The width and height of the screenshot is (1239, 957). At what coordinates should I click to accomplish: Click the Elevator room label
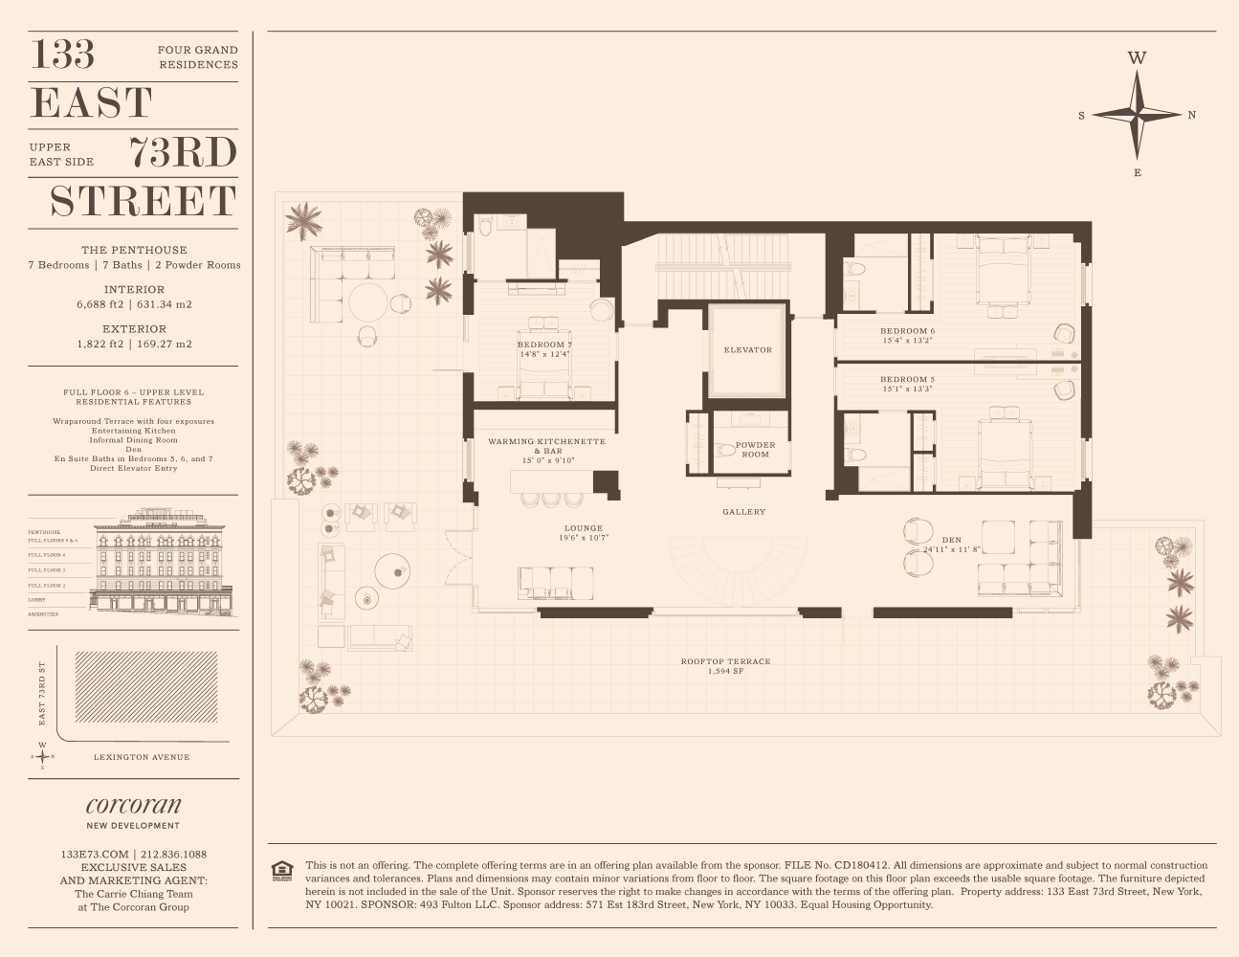tap(747, 350)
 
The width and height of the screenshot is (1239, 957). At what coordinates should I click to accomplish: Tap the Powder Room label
tap(755, 450)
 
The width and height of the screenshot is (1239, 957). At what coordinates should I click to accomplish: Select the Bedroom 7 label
tap(544, 345)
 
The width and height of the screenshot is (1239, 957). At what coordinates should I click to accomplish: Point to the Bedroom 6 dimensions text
tap(907, 341)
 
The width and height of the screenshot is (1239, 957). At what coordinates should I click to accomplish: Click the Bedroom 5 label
tap(907, 380)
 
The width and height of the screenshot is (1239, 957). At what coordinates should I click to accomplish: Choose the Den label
tap(951, 541)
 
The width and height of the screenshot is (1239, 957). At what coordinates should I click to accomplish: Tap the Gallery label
tap(743, 512)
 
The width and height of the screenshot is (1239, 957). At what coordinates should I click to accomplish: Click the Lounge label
tap(584, 528)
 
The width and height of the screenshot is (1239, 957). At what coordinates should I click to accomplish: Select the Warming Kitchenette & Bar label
tap(546, 446)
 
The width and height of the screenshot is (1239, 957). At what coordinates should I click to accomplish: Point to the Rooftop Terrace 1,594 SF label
tap(725, 666)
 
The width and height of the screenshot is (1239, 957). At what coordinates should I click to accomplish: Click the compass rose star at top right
tap(1137, 115)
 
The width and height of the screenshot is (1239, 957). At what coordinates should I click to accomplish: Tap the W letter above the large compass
tap(1137, 58)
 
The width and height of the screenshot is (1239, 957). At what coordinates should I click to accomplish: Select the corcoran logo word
tap(133, 805)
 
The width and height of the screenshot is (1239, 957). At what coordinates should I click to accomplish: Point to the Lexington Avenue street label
tap(142, 757)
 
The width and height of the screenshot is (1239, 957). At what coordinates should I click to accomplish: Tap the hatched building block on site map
tap(145, 686)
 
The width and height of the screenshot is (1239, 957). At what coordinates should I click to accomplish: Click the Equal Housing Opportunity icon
tap(282, 870)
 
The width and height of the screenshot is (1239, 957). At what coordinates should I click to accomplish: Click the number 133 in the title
tap(63, 55)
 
